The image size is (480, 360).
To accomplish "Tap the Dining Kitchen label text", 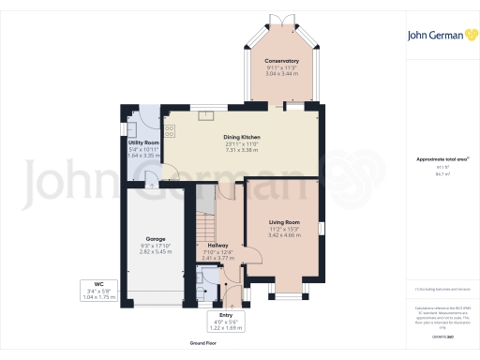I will click(x=241, y=137).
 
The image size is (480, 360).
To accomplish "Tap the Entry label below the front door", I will click(x=225, y=315).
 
